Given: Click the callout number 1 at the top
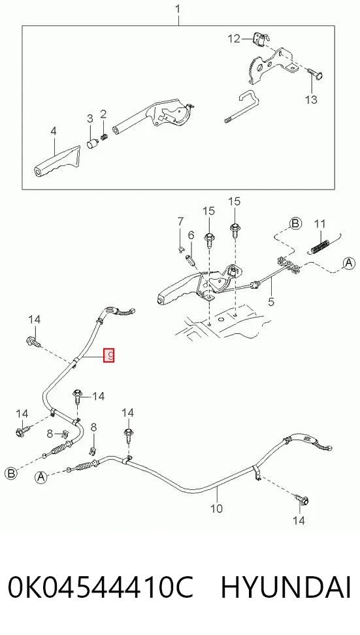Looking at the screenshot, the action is coord(178,8).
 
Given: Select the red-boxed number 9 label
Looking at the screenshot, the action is coord(109,355).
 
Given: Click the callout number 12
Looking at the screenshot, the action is coord(234,39).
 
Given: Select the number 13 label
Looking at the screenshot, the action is coord(311,99).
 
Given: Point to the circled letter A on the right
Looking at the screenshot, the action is coord(349,264).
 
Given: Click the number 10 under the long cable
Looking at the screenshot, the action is coord(217,508).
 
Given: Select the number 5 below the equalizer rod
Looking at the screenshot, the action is coord(271,302).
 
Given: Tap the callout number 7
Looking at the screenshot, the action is coord(180,221).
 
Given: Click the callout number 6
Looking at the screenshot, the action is coord(191,235).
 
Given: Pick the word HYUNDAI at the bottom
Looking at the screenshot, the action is coord(286,588).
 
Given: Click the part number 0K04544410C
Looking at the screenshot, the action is coord(101,588).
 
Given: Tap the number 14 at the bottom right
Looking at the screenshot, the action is coord(299,520).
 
